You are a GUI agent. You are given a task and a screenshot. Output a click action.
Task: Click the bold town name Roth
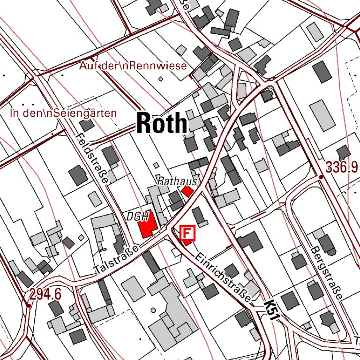[x=162, y=123]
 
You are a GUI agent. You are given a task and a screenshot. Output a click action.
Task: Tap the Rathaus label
[x=177, y=180]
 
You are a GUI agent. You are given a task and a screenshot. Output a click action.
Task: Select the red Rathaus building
[x=187, y=191]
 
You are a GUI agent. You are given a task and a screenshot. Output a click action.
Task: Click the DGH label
[x=137, y=217]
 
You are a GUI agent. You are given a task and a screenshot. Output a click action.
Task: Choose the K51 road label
[x=272, y=311]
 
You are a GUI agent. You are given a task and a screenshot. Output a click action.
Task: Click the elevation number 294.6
[x=45, y=294]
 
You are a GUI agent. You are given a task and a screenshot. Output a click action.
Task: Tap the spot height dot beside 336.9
[x=321, y=177]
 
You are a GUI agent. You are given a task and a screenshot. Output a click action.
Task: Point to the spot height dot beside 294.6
[x=29, y=306]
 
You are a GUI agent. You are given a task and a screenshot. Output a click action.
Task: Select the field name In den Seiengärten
[x=63, y=113]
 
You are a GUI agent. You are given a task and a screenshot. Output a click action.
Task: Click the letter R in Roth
[x=144, y=123]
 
